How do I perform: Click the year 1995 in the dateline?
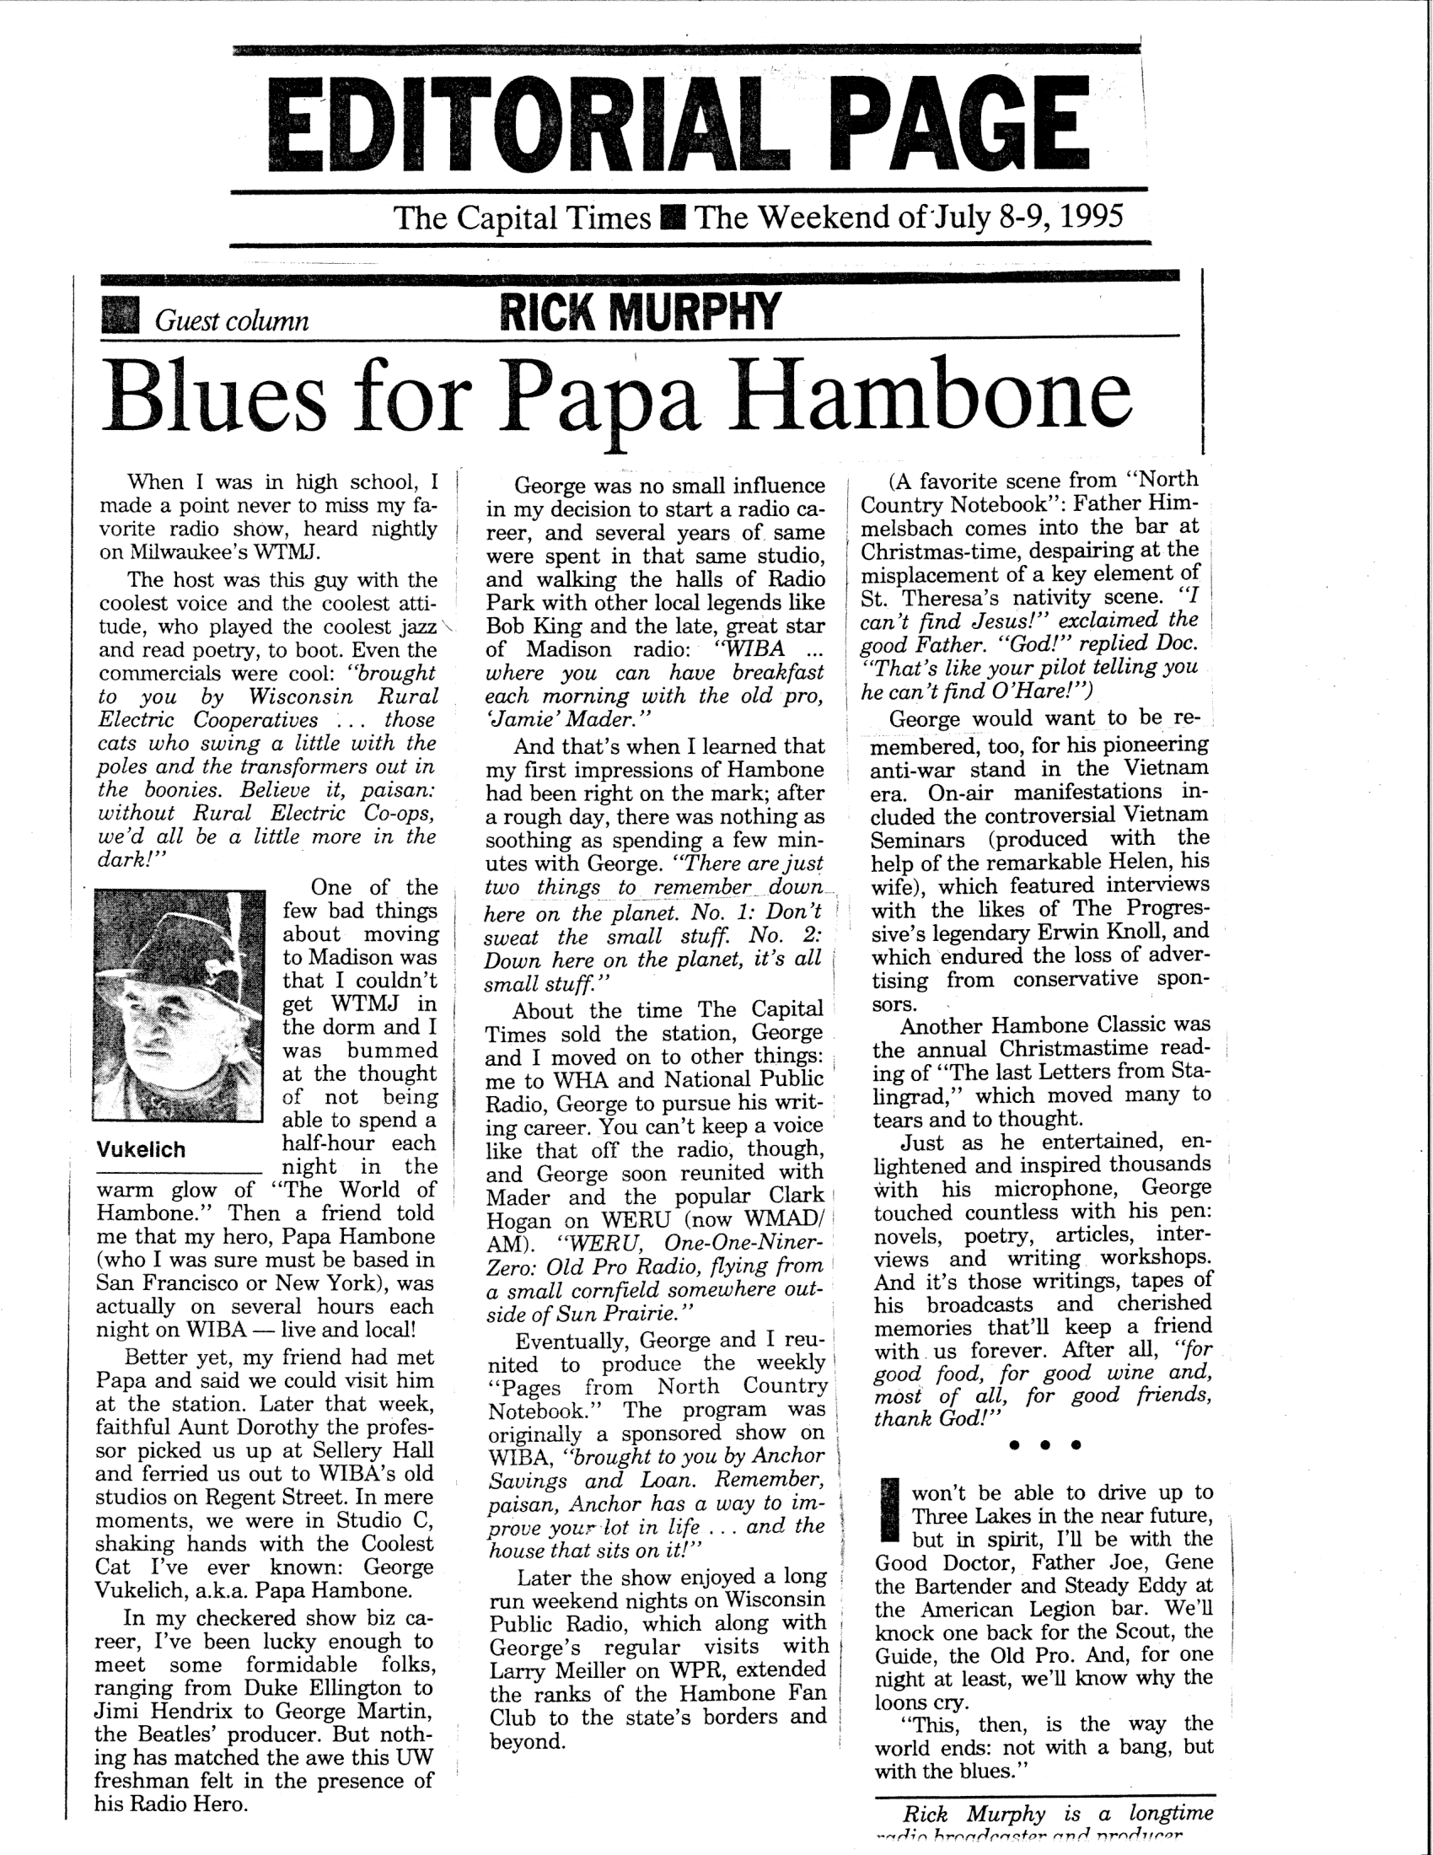pos(1090,217)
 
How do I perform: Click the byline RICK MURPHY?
pos(639,312)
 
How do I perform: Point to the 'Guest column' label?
pos(231,321)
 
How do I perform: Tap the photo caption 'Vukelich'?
pos(141,1150)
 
